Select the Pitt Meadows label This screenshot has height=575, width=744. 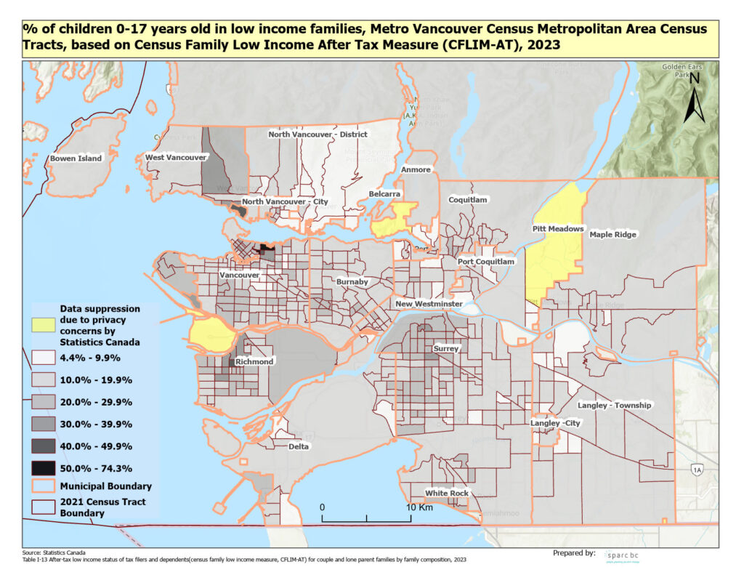pos(559,229)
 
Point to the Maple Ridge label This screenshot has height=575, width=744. pos(612,235)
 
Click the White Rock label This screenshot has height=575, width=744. pos(448,493)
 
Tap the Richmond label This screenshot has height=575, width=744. pos(254,361)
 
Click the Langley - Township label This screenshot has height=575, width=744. pos(615,405)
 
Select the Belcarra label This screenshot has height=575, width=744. pos(384,196)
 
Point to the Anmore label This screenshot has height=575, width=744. pos(416,169)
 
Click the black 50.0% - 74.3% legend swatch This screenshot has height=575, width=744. pos(45,467)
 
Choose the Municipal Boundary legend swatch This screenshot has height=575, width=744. pos(45,486)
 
